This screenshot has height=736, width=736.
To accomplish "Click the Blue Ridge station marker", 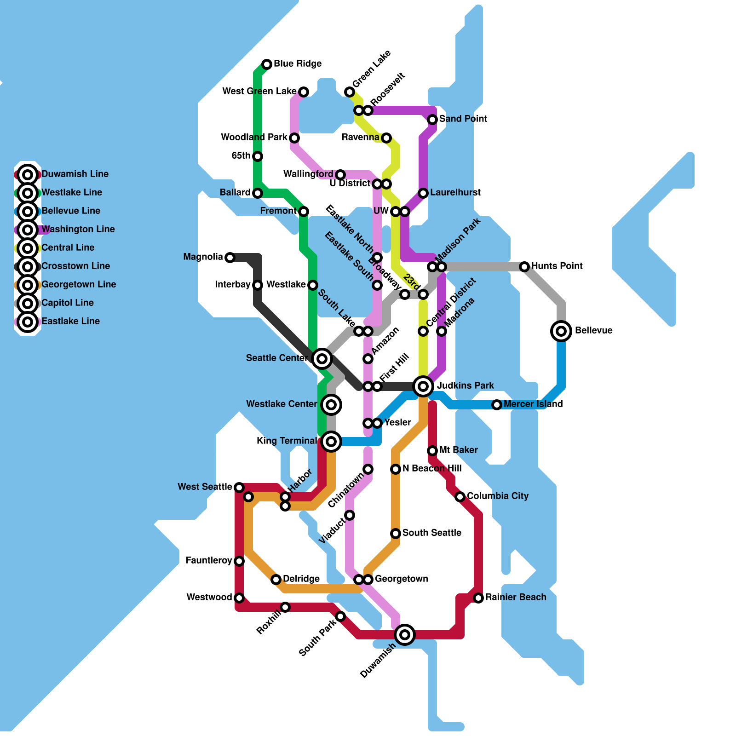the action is (x=267, y=64).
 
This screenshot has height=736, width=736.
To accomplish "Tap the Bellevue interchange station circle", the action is (x=561, y=331).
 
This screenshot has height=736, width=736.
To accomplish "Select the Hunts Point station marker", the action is (x=524, y=266).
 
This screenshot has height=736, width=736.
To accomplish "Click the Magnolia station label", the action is (x=203, y=257).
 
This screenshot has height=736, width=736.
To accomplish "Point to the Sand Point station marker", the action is (x=432, y=120).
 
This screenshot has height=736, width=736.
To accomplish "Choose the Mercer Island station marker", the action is (x=497, y=405).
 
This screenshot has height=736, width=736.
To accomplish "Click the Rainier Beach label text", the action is (x=516, y=597).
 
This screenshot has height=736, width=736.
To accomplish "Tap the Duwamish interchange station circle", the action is (x=405, y=635).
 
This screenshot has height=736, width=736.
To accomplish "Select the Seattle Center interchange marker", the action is (x=322, y=358).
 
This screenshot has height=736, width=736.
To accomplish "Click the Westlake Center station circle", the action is (x=331, y=405).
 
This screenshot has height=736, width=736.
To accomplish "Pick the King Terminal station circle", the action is (x=331, y=442).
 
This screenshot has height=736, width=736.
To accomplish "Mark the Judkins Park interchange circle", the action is (x=423, y=386).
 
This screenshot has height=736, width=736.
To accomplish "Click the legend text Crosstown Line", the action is (x=75, y=266).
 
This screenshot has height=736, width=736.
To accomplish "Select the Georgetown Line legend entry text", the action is (x=79, y=284).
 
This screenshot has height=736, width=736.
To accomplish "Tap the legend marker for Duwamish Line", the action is (x=28, y=175).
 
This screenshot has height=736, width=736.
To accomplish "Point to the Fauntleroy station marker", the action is (x=239, y=561).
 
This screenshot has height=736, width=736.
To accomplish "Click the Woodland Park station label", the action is (x=254, y=137).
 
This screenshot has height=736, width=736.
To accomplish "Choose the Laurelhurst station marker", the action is (x=423, y=193).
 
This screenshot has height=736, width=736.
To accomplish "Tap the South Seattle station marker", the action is (x=396, y=534).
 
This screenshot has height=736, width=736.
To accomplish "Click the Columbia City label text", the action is (x=498, y=496).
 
